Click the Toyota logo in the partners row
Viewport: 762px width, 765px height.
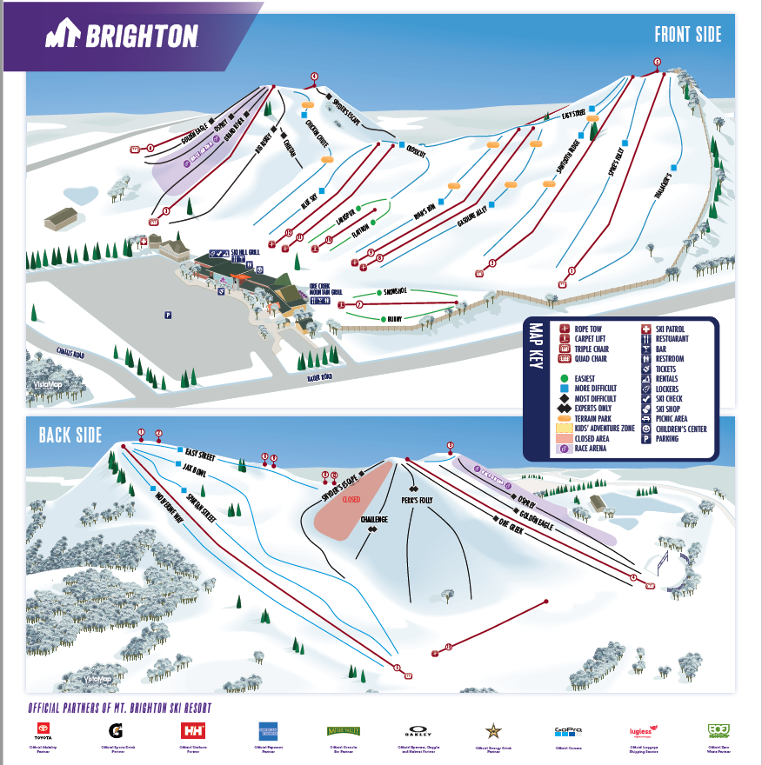[x=43, y=731]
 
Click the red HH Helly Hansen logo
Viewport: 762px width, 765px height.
[x=191, y=731]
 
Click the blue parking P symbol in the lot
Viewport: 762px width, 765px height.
[x=167, y=315]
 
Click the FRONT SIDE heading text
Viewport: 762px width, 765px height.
[x=688, y=35]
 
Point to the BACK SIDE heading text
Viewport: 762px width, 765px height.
[x=70, y=435]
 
